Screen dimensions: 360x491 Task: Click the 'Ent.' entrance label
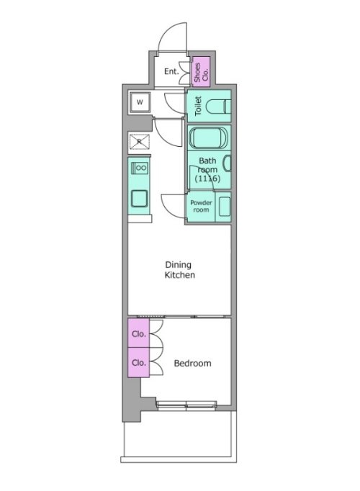171,71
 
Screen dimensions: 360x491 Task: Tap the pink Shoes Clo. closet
201,71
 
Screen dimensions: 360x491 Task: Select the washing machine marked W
140,102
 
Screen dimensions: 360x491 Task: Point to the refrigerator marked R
140,142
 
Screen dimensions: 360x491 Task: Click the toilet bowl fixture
218,106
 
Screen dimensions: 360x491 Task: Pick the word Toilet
198,106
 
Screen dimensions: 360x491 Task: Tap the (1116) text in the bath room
207,179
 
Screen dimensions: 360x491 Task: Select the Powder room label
201,206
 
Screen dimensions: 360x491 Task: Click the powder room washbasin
225,207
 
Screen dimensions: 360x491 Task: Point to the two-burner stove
140,168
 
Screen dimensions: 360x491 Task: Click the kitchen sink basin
139,199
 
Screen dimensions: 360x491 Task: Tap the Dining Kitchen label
180,269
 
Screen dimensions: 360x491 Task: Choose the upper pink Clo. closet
138,333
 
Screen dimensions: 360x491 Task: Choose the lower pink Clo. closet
138,362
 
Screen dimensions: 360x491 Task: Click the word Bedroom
192,364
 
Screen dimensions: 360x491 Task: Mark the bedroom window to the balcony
186,406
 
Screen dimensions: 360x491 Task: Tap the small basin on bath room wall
228,163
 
